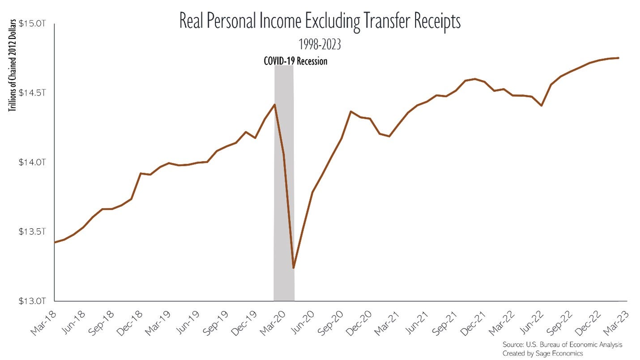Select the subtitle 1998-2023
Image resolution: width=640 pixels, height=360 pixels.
tap(320, 44)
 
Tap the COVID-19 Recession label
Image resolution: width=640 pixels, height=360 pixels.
tap(295, 61)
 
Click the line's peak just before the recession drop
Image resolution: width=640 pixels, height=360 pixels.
tap(274, 104)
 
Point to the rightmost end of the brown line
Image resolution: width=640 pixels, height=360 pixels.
tap(619, 58)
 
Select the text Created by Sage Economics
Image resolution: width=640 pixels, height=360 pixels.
tap(542, 353)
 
